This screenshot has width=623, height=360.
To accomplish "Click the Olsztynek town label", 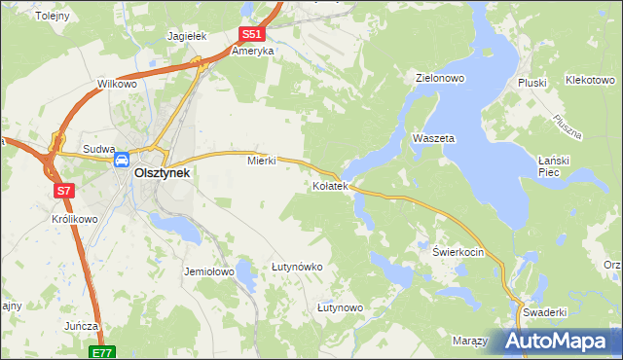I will [162, 172].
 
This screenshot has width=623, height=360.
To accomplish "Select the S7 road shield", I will [63, 191].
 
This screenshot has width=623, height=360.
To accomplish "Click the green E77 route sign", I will [104, 352].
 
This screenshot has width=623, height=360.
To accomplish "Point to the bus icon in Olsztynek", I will [123, 160].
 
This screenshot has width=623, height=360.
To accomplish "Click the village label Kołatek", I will [330, 185].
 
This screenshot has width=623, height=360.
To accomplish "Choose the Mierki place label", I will [262, 161].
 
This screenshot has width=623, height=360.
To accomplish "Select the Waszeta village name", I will [433, 138].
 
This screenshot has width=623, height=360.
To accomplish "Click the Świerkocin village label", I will [458, 251].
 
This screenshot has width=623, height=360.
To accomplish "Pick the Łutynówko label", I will [297, 266].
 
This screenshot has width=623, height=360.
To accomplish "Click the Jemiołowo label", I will [209, 272].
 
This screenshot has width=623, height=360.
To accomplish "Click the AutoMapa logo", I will [558, 342].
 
